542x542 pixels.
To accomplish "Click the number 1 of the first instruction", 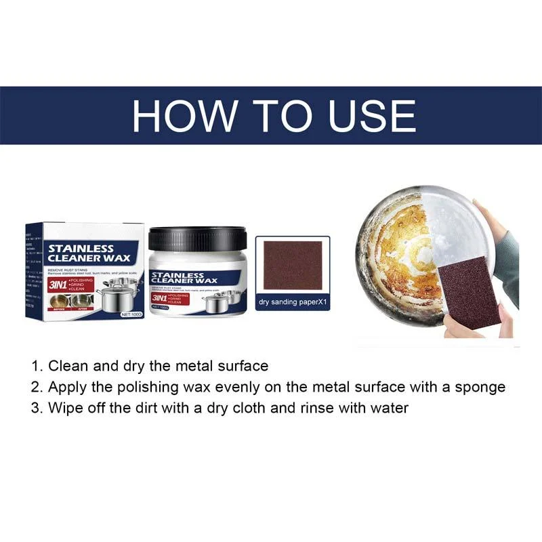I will click(x=36, y=366).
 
